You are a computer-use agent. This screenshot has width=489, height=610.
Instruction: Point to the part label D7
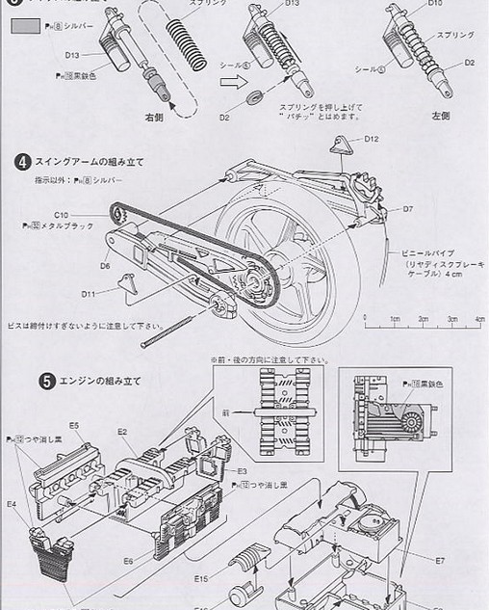pyautogui.click(x=408, y=208)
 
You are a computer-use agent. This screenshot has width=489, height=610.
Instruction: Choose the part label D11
pyautogui.click(x=88, y=294)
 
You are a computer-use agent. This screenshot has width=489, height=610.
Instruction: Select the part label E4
pyautogui.click(x=12, y=503)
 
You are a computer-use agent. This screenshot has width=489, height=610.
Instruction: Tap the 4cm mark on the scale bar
pyautogui.click(x=479, y=317)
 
